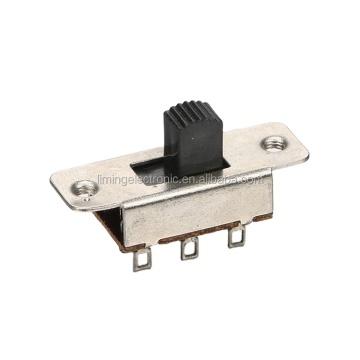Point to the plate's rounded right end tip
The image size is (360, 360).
300,146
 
